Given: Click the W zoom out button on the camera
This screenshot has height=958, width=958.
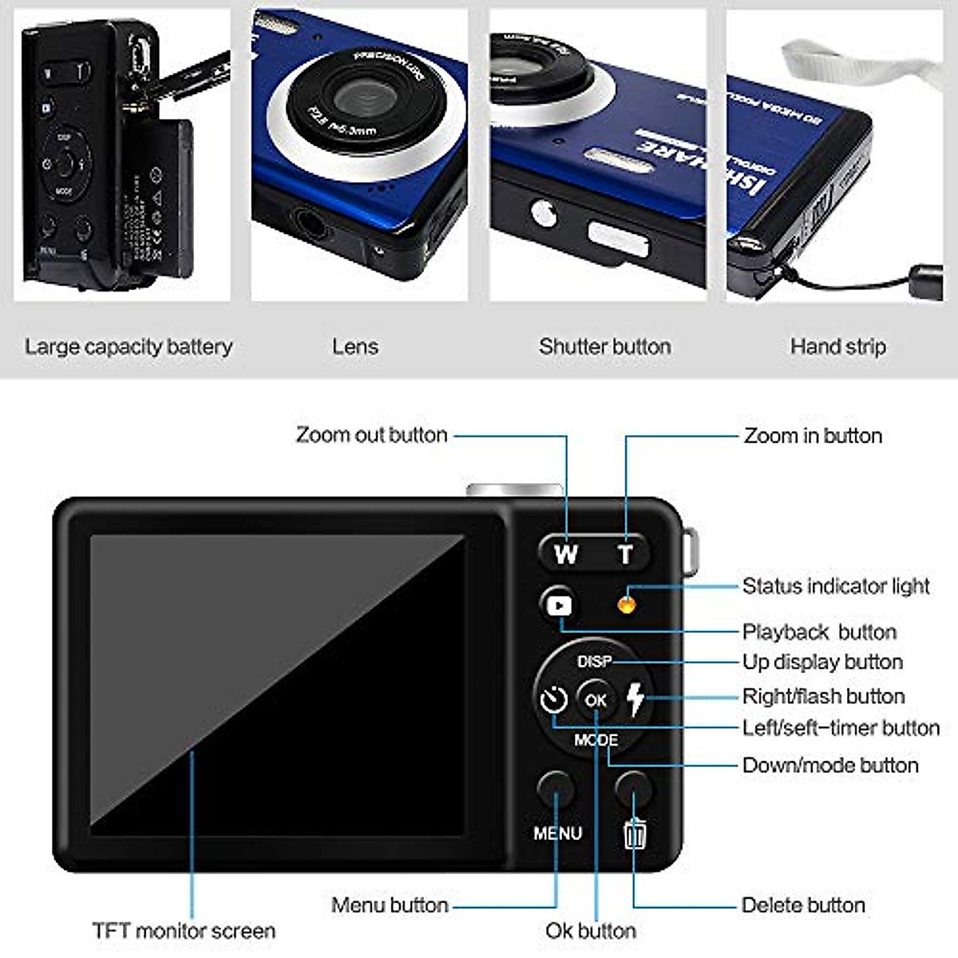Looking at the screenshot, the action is point(566,553).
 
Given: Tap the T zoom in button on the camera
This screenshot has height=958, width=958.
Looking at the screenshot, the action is point(626,553).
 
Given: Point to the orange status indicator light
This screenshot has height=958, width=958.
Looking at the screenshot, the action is point(627,604).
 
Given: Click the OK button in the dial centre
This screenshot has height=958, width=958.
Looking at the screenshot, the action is point(596,700).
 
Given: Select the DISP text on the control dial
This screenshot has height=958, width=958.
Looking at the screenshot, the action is point(594,662).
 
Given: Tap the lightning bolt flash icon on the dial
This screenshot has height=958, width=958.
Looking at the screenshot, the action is point(635,699).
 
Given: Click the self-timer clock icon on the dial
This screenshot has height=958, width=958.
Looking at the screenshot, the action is point(553,700).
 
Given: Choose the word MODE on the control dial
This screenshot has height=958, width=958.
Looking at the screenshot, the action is point(596,740).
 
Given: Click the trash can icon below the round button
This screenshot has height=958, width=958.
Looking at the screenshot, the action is point(635,834).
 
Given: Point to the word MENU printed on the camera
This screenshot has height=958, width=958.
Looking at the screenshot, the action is point(557,833).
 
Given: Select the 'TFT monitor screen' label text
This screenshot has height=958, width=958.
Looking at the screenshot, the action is point(184,930).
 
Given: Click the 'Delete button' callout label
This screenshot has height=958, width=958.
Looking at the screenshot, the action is point(803,905).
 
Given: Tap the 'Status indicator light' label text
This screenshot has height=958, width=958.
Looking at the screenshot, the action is point(836,586).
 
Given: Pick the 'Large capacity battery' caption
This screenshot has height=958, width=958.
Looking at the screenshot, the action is point(129,346).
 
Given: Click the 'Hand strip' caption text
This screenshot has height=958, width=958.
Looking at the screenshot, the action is point(837,346).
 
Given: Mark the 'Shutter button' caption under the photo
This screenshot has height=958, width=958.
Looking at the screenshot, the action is point(604,346).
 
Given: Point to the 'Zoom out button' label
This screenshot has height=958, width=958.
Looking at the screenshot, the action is point(371,434).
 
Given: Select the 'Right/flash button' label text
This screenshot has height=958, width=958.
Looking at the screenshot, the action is point(823,696).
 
